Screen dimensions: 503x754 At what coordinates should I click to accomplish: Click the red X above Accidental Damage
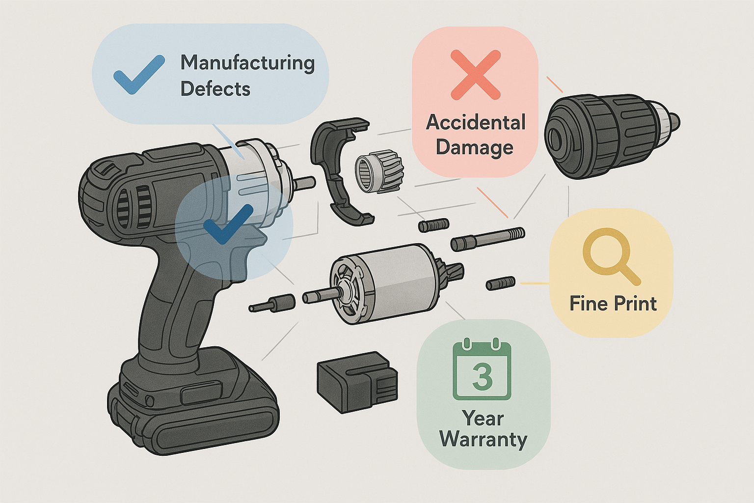pos(475,74)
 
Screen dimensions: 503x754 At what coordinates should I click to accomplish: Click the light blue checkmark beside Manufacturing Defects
pos(138,75)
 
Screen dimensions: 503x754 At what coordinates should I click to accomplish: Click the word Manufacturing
pos(247,63)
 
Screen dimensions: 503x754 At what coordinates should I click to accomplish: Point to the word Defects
pos(215,89)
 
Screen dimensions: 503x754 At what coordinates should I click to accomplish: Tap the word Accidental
pos(476,122)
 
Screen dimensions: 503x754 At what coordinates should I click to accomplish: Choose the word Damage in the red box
pos(474,147)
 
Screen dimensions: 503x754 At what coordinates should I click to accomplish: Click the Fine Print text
pos(613,304)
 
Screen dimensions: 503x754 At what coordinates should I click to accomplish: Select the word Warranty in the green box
pos(483,439)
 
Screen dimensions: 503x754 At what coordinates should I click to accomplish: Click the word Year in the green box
pos(483,419)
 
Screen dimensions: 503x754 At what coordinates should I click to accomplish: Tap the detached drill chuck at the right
pos(609,136)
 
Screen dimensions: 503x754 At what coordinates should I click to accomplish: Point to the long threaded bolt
pos(488,238)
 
